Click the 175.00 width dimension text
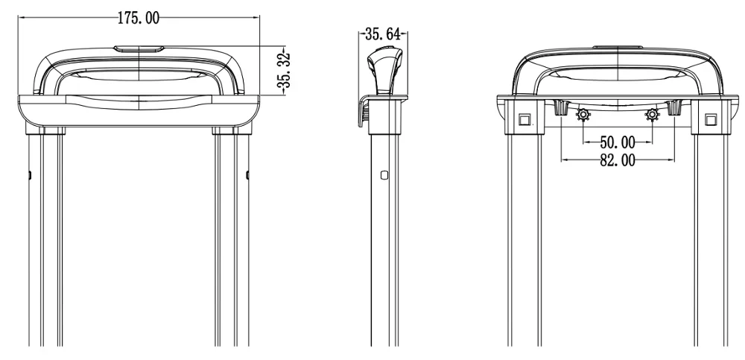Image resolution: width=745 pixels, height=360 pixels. coord(139,18)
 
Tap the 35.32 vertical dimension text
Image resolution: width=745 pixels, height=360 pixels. coord(284,72)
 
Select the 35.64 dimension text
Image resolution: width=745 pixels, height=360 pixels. coord(382,34)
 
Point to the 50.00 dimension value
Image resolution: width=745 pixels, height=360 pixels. coord(617,142)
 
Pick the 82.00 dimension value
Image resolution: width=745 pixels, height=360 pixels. coord(617,160)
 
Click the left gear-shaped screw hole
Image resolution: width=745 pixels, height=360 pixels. coord(583,115)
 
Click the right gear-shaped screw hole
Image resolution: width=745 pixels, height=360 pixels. coord(652,115)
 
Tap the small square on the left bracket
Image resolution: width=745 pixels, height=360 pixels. coord(524,119)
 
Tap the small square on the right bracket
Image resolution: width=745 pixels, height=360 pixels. coord(710,119)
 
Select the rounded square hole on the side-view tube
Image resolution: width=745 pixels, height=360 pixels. coord(384,175)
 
